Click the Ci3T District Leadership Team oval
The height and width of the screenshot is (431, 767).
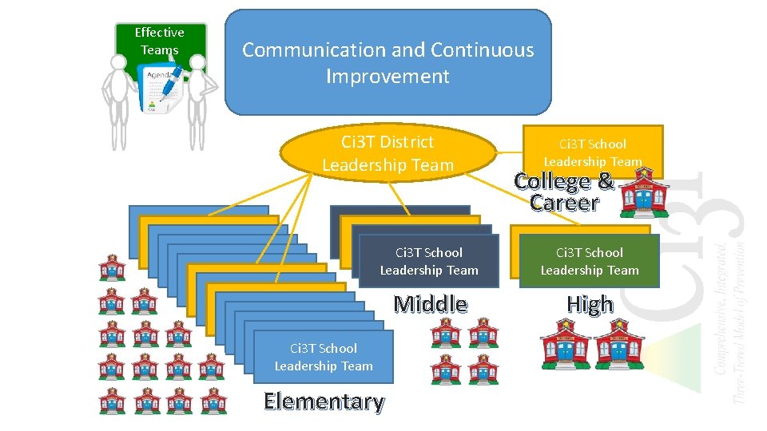point(387,153)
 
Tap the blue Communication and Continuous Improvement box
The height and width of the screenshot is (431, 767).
point(388,63)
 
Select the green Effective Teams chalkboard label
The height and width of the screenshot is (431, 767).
point(160,41)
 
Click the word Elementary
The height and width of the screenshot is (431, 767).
point(324,401)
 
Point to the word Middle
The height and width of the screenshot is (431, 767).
point(431,303)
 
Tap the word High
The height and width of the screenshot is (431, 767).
point(590,304)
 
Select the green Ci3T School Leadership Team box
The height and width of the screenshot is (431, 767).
point(590,261)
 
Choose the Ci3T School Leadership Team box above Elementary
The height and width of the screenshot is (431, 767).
point(324,357)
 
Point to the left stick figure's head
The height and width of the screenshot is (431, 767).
point(117,67)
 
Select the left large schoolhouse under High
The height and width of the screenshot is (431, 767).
point(565,344)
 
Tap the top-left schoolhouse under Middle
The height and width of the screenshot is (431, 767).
point(446,334)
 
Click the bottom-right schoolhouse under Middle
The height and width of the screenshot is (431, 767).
point(483,369)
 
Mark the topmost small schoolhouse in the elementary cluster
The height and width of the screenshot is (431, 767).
point(112,268)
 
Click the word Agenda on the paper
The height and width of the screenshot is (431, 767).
point(157,73)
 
